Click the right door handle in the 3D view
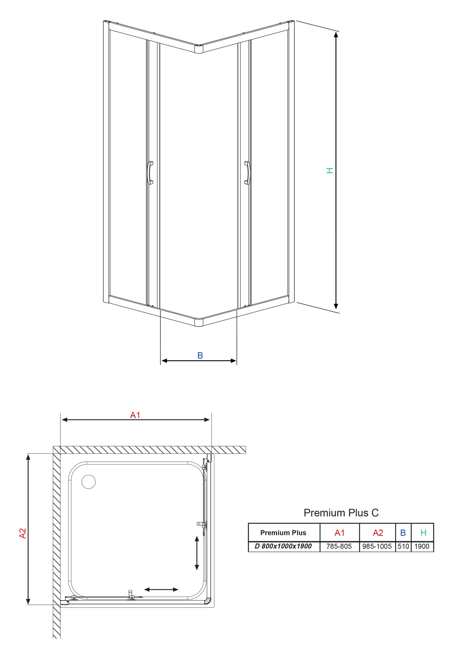(x=247, y=173)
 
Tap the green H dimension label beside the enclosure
(x=329, y=171)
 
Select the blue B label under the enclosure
(x=200, y=355)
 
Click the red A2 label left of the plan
(x=22, y=534)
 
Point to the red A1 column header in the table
(x=340, y=532)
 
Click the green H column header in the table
(x=423, y=532)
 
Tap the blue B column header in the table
(x=403, y=532)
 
